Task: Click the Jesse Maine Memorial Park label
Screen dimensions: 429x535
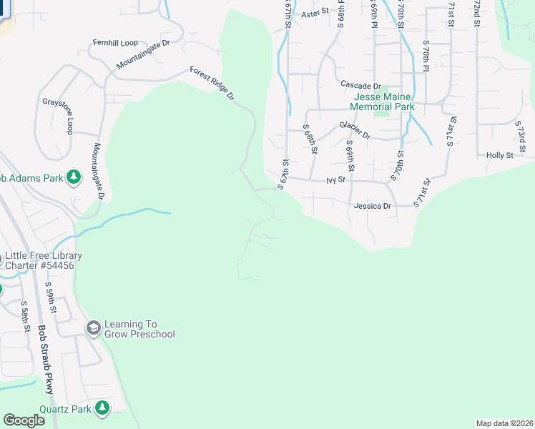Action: click(383, 101)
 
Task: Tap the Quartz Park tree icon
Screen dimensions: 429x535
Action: click(102, 408)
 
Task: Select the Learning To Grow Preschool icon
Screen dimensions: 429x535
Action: click(93, 327)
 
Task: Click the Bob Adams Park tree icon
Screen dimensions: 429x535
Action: click(73, 176)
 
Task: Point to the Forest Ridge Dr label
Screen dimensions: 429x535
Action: click(212, 83)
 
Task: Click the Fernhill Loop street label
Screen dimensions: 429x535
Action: click(115, 43)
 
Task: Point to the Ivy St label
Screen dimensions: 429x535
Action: click(335, 181)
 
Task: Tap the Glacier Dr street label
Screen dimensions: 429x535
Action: click(355, 130)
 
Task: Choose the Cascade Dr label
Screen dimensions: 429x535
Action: click(360, 84)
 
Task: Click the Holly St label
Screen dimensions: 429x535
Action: click(500, 155)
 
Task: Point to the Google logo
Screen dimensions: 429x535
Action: click(24, 420)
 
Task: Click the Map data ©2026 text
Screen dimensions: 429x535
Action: click(504, 423)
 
